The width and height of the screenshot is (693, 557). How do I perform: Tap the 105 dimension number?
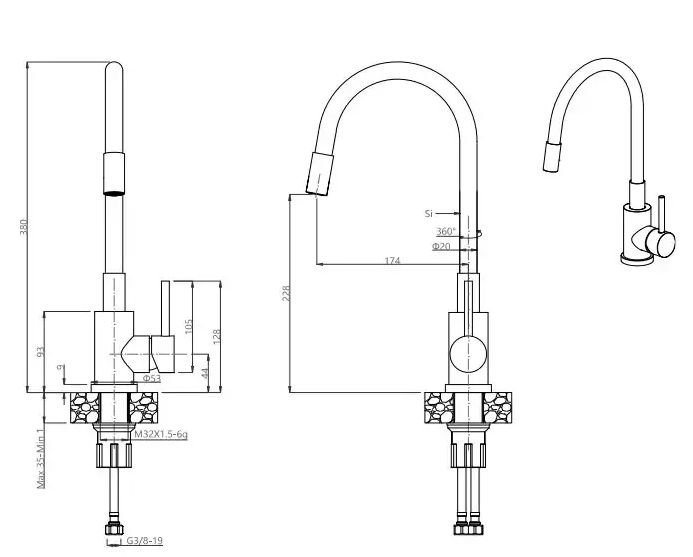click(187, 327)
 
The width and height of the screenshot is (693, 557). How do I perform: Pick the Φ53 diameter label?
click(151, 379)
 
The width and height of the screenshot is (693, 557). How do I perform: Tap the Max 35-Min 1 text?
click(41, 456)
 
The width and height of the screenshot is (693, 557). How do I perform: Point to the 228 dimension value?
click(286, 293)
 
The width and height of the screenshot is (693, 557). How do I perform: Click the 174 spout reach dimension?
click(392, 260)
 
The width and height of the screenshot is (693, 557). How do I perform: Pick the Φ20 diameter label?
click(441, 245)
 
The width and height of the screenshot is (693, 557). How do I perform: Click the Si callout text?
click(429, 213)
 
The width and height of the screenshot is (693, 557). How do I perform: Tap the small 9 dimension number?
click(62, 369)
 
